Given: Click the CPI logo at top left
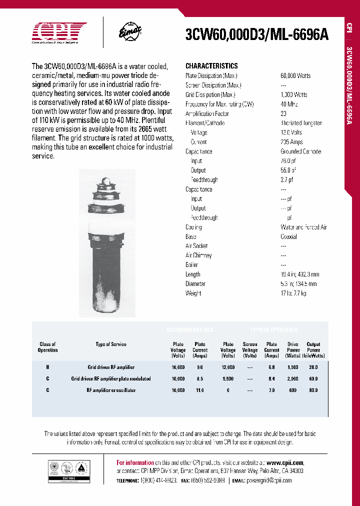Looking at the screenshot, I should [59, 33].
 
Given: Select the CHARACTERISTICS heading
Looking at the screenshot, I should [211, 66].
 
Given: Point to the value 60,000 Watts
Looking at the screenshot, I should [295, 75].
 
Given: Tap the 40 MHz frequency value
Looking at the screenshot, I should [289, 104].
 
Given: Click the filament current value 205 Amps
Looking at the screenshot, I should [292, 142].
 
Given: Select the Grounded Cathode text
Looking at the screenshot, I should [301, 151].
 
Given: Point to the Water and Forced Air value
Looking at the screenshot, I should [303, 227].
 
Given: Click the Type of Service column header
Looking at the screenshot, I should [111, 344].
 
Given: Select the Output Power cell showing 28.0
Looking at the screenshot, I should [313, 366].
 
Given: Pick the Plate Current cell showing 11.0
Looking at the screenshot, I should [200, 390].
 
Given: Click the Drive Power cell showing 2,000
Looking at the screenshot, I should [293, 378].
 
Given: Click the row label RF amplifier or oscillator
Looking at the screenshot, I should [111, 390].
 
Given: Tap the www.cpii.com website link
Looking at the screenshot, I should [285, 463].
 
